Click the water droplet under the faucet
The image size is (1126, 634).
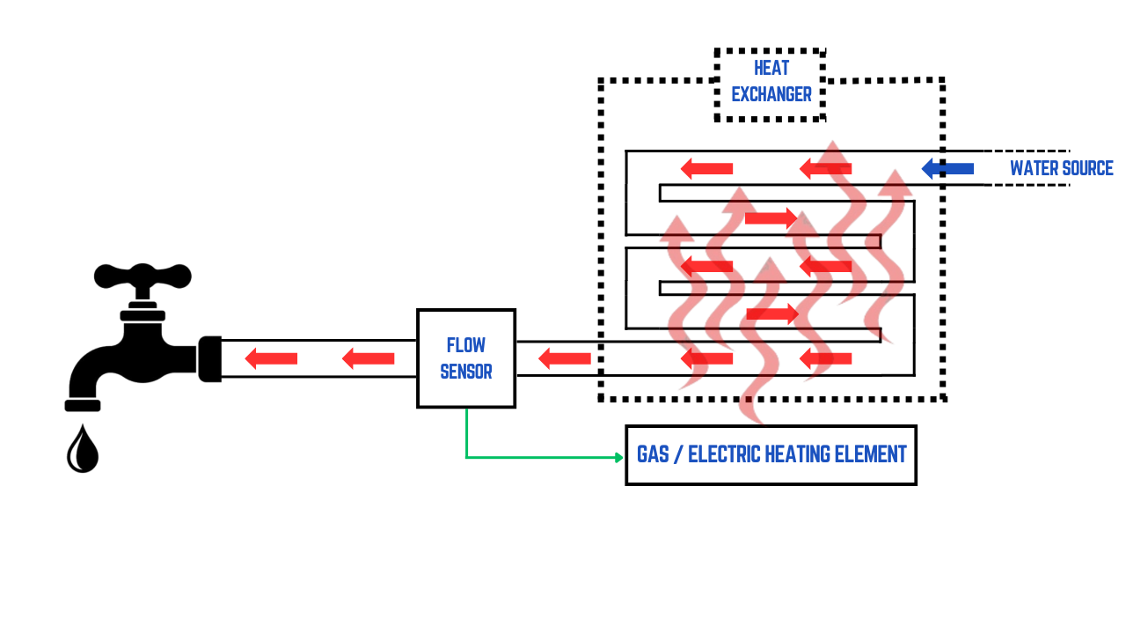(83, 451)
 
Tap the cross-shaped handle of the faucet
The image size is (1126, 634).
(143, 276)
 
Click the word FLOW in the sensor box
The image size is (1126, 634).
(465, 344)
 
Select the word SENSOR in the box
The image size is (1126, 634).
(465, 372)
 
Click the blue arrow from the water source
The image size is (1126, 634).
(947, 168)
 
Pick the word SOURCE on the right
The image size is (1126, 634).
(1088, 168)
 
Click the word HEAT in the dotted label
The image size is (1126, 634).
(771, 69)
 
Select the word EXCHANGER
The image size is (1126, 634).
(771, 95)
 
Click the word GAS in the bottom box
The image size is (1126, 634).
(654, 454)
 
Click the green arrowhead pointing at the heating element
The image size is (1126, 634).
(618, 457)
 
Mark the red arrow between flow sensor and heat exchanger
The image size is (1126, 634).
(564, 358)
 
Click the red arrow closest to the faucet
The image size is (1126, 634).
(271, 358)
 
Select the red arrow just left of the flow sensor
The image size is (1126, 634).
(368, 358)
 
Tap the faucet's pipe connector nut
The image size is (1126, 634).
(209, 358)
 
